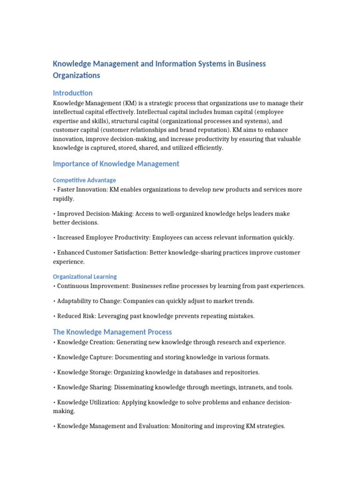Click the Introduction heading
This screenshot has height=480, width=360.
pyautogui.click(x=73, y=93)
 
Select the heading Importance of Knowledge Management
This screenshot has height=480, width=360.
pyautogui.click(x=116, y=164)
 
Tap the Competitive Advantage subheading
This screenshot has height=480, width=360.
pyautogui.click(x=84, y=180)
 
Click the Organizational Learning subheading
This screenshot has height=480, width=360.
pyautogui.click(x=85, y=277)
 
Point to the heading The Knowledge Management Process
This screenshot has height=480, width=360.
pyautogui.click(x=112, y=332)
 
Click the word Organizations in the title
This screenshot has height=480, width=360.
pyautogui.click(x=76, y=75)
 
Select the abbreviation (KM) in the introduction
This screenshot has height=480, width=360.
pyautogui.click(x=130, y=103)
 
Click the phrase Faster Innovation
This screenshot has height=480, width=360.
pyautogui.click(x=81, y=189)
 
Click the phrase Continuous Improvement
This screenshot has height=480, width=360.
pyautogui.click(x=92, y=286)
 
